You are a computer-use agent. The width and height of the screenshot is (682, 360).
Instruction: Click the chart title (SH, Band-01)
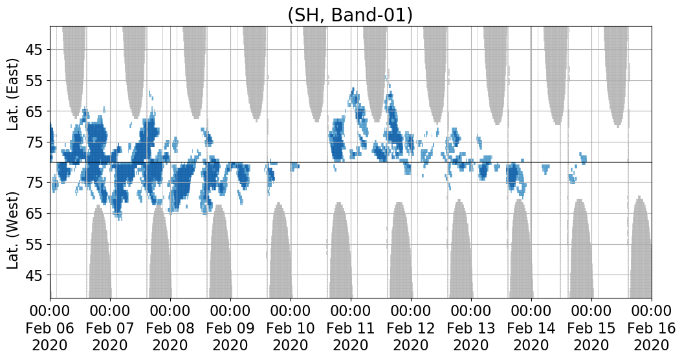[x=350, y=16]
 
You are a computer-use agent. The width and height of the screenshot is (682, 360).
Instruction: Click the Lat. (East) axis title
[x=14, y=95]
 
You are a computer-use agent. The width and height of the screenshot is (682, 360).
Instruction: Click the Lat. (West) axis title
[x=14, y=231]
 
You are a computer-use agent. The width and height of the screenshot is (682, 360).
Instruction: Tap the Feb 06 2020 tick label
[x=50, y=328]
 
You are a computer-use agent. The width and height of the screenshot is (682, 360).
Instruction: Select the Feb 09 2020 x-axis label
[x=230, y=328]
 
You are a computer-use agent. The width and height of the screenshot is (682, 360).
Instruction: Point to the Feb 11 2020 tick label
[x=351, y=328]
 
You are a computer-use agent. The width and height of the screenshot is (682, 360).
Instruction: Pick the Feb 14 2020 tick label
[x=531, y=328]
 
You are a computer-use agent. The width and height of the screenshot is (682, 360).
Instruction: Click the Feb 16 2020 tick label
[x=652, y=328]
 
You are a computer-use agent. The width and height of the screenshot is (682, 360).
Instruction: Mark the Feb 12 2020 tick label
[x=411, y=328]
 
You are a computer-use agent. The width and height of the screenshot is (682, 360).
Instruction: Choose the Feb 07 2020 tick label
[x=110, y=328]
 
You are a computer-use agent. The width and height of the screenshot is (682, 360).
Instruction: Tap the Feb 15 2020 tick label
[x=591, y=328]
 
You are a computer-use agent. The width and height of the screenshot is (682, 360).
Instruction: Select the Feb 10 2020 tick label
[x=291, y=328]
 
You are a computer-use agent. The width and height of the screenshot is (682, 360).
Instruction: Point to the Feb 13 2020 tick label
[x=471, y=328]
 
